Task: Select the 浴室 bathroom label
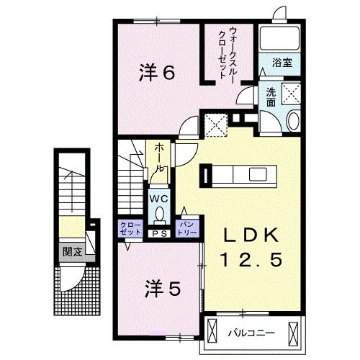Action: [281, 63]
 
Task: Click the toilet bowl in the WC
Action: [159, 214]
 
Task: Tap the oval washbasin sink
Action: [294, 121]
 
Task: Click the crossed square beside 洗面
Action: [292, 94]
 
